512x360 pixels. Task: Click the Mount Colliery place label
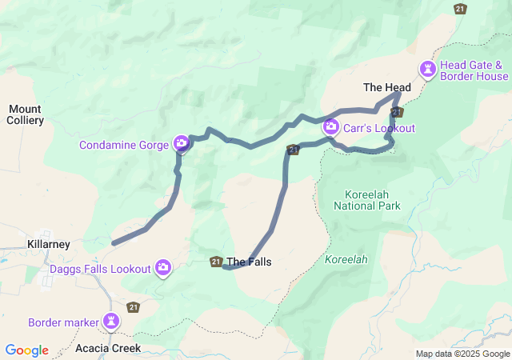coord(25,114)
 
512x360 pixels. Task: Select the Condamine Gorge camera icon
coord(182,144)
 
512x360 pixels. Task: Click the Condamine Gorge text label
coord(124,145)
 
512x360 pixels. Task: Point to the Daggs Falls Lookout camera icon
coord(163,268)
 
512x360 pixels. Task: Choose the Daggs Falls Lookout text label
coord(100,269)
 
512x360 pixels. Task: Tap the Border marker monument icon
coord(111,322)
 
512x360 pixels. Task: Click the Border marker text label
coord(62,323)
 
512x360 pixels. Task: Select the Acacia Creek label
coord(108,348)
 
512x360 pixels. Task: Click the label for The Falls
coord(249,262)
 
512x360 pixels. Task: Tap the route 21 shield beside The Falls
coord(216,262)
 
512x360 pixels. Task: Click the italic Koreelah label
coord(346,260)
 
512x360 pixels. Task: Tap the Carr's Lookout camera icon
coord(330,126)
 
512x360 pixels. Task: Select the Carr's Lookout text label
coord(379,128)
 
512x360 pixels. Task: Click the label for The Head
coord(387,87)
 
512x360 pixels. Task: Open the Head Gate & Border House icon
coord(429,70)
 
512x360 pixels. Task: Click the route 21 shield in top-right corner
coord(459,9)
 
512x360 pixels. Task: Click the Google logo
coord(26,350)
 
